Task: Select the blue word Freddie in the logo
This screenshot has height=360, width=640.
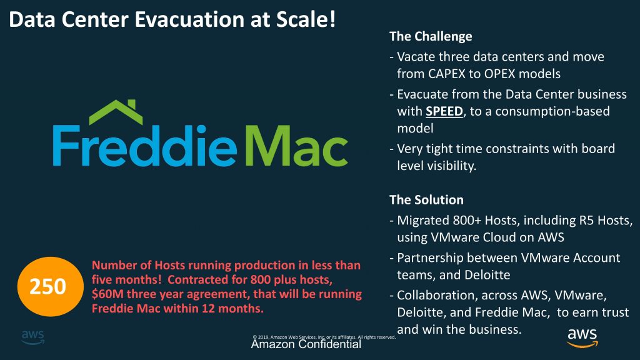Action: click(x=145, y=146)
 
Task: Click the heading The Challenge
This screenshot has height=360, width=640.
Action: click(x=431, y=36)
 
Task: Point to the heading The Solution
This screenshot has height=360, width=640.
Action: click(x=426, y=199)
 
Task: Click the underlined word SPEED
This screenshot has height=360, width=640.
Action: click(x=444, y=111)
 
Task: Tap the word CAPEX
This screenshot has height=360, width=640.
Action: click(x=447, y=74)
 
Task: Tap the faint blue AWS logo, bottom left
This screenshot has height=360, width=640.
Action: click(x=33, y=337)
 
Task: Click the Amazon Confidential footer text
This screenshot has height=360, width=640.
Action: click(x=306, y=344)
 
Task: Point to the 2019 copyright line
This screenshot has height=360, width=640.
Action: click(x=324, y=337)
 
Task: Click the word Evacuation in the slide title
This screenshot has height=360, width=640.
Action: click(x=190, y=19)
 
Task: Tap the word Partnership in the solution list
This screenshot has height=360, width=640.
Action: click(x=437, y=258)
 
